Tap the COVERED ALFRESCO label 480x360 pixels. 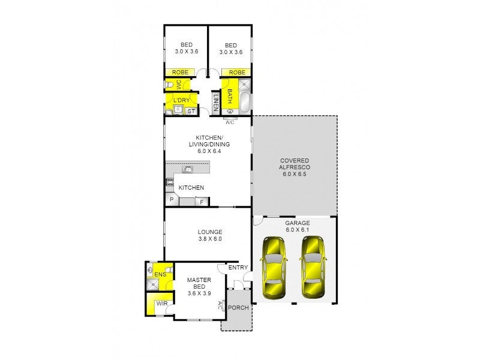click(294, 165)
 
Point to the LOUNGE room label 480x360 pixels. click(210, 235)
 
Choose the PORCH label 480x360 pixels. click(238, 307)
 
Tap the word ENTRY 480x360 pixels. click(237, 268)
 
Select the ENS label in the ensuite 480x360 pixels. click(160, 275)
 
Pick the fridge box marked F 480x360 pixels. click(202, 202)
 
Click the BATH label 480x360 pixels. click(229, 96)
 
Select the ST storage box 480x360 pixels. click(191, 111)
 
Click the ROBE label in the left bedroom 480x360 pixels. click(180, 73)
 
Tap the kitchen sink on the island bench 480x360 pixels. click(187, 170)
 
